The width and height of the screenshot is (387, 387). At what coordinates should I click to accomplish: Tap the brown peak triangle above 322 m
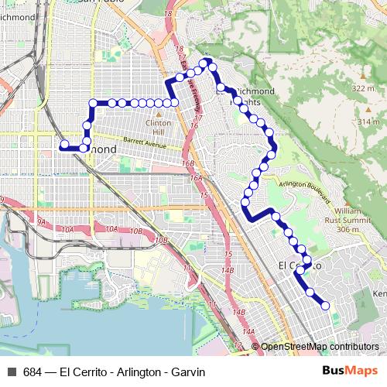tap(362, 79)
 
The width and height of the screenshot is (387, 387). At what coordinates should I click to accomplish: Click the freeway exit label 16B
tap(188, 164)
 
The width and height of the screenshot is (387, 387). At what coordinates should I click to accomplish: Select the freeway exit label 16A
tap(196, 178)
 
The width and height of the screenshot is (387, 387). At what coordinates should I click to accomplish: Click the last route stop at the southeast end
tap(325, 306)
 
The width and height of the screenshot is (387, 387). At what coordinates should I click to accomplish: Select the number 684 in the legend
tap(33, 372)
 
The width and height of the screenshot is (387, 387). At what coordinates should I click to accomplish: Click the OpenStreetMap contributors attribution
tap(320, 347)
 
